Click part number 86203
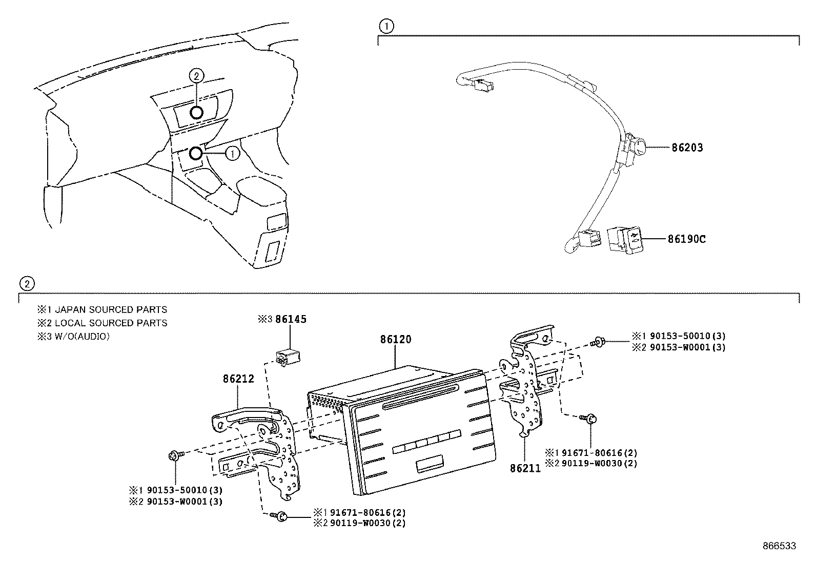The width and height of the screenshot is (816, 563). [x=687, y=148]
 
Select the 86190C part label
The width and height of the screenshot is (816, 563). [x=686, y=239]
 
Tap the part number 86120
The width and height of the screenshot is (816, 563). [x=395, y=339]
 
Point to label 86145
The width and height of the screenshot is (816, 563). [x=291, y=319]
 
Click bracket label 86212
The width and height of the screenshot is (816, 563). [x=238, y=379]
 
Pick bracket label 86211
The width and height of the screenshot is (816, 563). [x=525, y=468]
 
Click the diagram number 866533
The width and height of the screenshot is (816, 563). [x=779, y=546]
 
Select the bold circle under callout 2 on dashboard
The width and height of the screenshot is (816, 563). [x=196, y=112]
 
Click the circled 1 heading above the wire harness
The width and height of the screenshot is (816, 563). [x=386, y=26]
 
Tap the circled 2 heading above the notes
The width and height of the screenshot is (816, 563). [x=27, y=283]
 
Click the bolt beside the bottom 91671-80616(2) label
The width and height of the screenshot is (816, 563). [x=280, y=517]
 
